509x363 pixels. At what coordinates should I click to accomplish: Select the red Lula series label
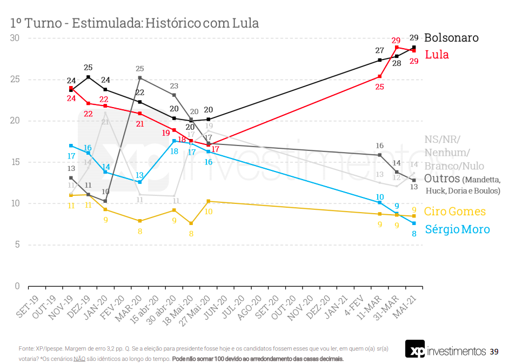click(437, 55)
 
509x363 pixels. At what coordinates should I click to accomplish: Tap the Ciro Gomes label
click(454, 212)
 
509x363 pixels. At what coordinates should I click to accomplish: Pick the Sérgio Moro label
click(457, 229)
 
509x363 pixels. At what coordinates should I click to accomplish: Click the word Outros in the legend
click(442, 179)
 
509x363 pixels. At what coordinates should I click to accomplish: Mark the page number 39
click(494, 352)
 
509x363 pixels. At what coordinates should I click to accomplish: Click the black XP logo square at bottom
click(414, 348)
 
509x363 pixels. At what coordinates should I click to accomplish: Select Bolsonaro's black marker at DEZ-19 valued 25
click(88, 77)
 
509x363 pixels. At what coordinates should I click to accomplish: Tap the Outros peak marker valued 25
click(140, 78)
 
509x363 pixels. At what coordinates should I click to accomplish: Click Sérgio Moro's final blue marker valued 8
click(414, 223)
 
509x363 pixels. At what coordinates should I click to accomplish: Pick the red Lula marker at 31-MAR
click(397, 47)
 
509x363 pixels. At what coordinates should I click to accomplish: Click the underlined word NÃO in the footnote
click(79, 359)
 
